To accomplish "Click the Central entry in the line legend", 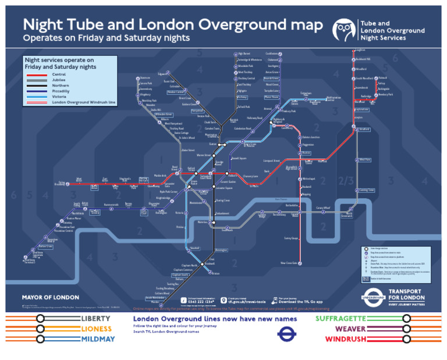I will [58, 74].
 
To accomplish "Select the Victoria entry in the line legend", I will [58, 97].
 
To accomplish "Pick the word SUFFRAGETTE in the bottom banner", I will [341, 319].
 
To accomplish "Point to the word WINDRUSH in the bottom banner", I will [346, 339].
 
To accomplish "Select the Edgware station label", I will [163, 74].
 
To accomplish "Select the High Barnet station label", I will [244, 54].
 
